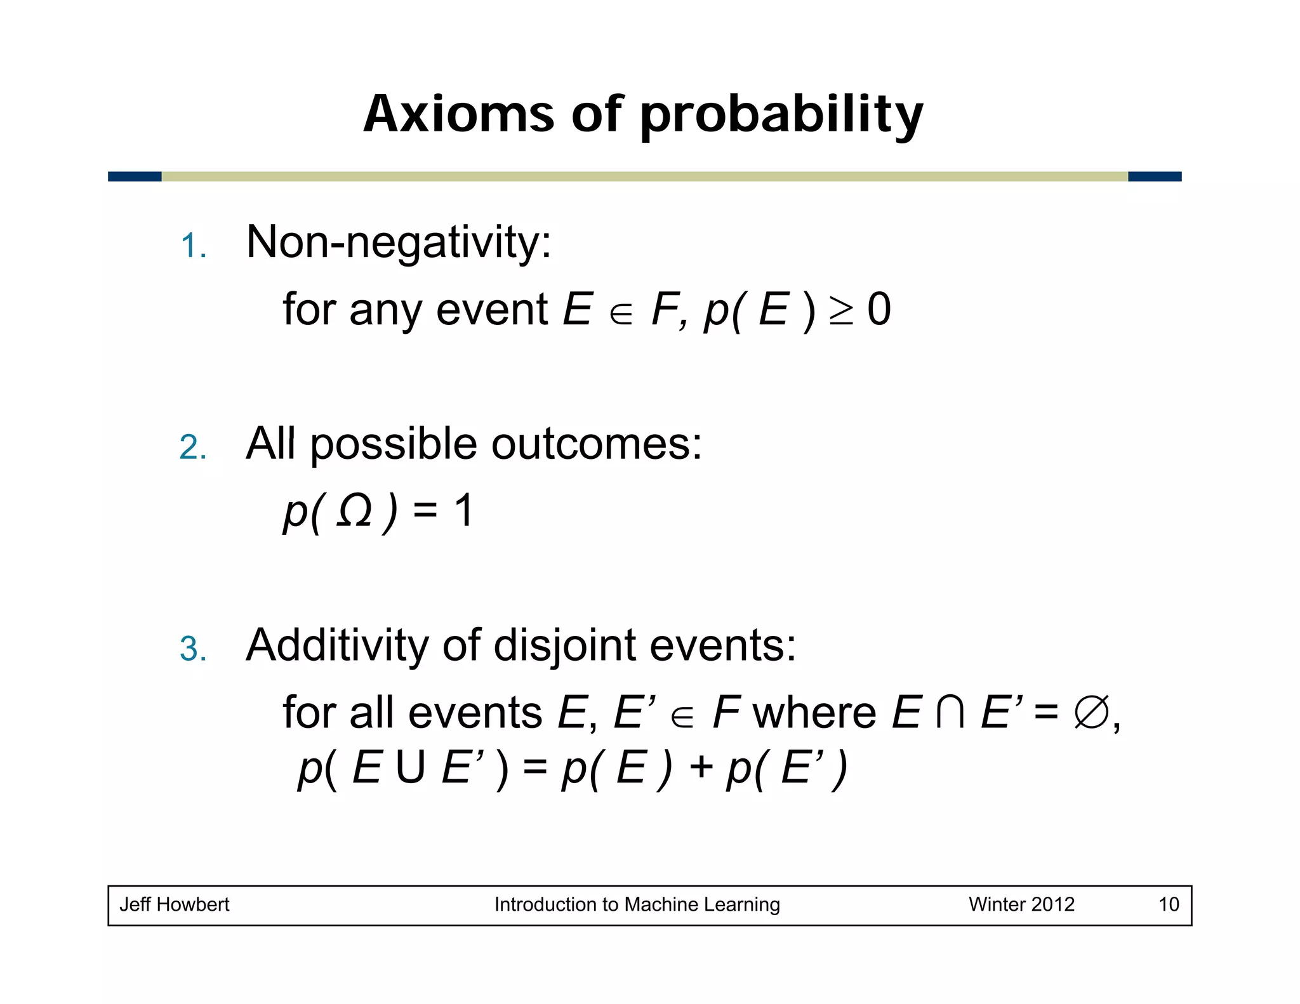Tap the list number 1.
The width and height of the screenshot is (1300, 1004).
[x=192, y=246]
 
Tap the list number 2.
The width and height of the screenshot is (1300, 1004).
[x=192, y=447]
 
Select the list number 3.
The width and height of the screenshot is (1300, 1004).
[x=192, y=649]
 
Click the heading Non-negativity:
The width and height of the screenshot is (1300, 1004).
[x=399, y=243]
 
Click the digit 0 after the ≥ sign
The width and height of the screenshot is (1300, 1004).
[x=879, y=310]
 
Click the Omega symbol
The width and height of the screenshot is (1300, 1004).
[x=354, y=512]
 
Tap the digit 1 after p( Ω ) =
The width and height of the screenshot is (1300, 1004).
[x=463, y=511]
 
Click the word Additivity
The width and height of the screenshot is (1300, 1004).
[x=337, y=645]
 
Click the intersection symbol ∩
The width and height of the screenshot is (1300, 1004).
[x=950, y=713]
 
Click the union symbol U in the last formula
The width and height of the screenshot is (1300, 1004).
[x=410, y=769]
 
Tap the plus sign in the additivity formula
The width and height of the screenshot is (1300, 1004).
[x=701, y=768]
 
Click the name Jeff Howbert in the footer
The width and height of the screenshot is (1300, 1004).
[x=175, y=904]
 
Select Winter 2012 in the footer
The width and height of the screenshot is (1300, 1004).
[x=1021, y=904]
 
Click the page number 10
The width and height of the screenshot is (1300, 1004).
[x=1169, y=904]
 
